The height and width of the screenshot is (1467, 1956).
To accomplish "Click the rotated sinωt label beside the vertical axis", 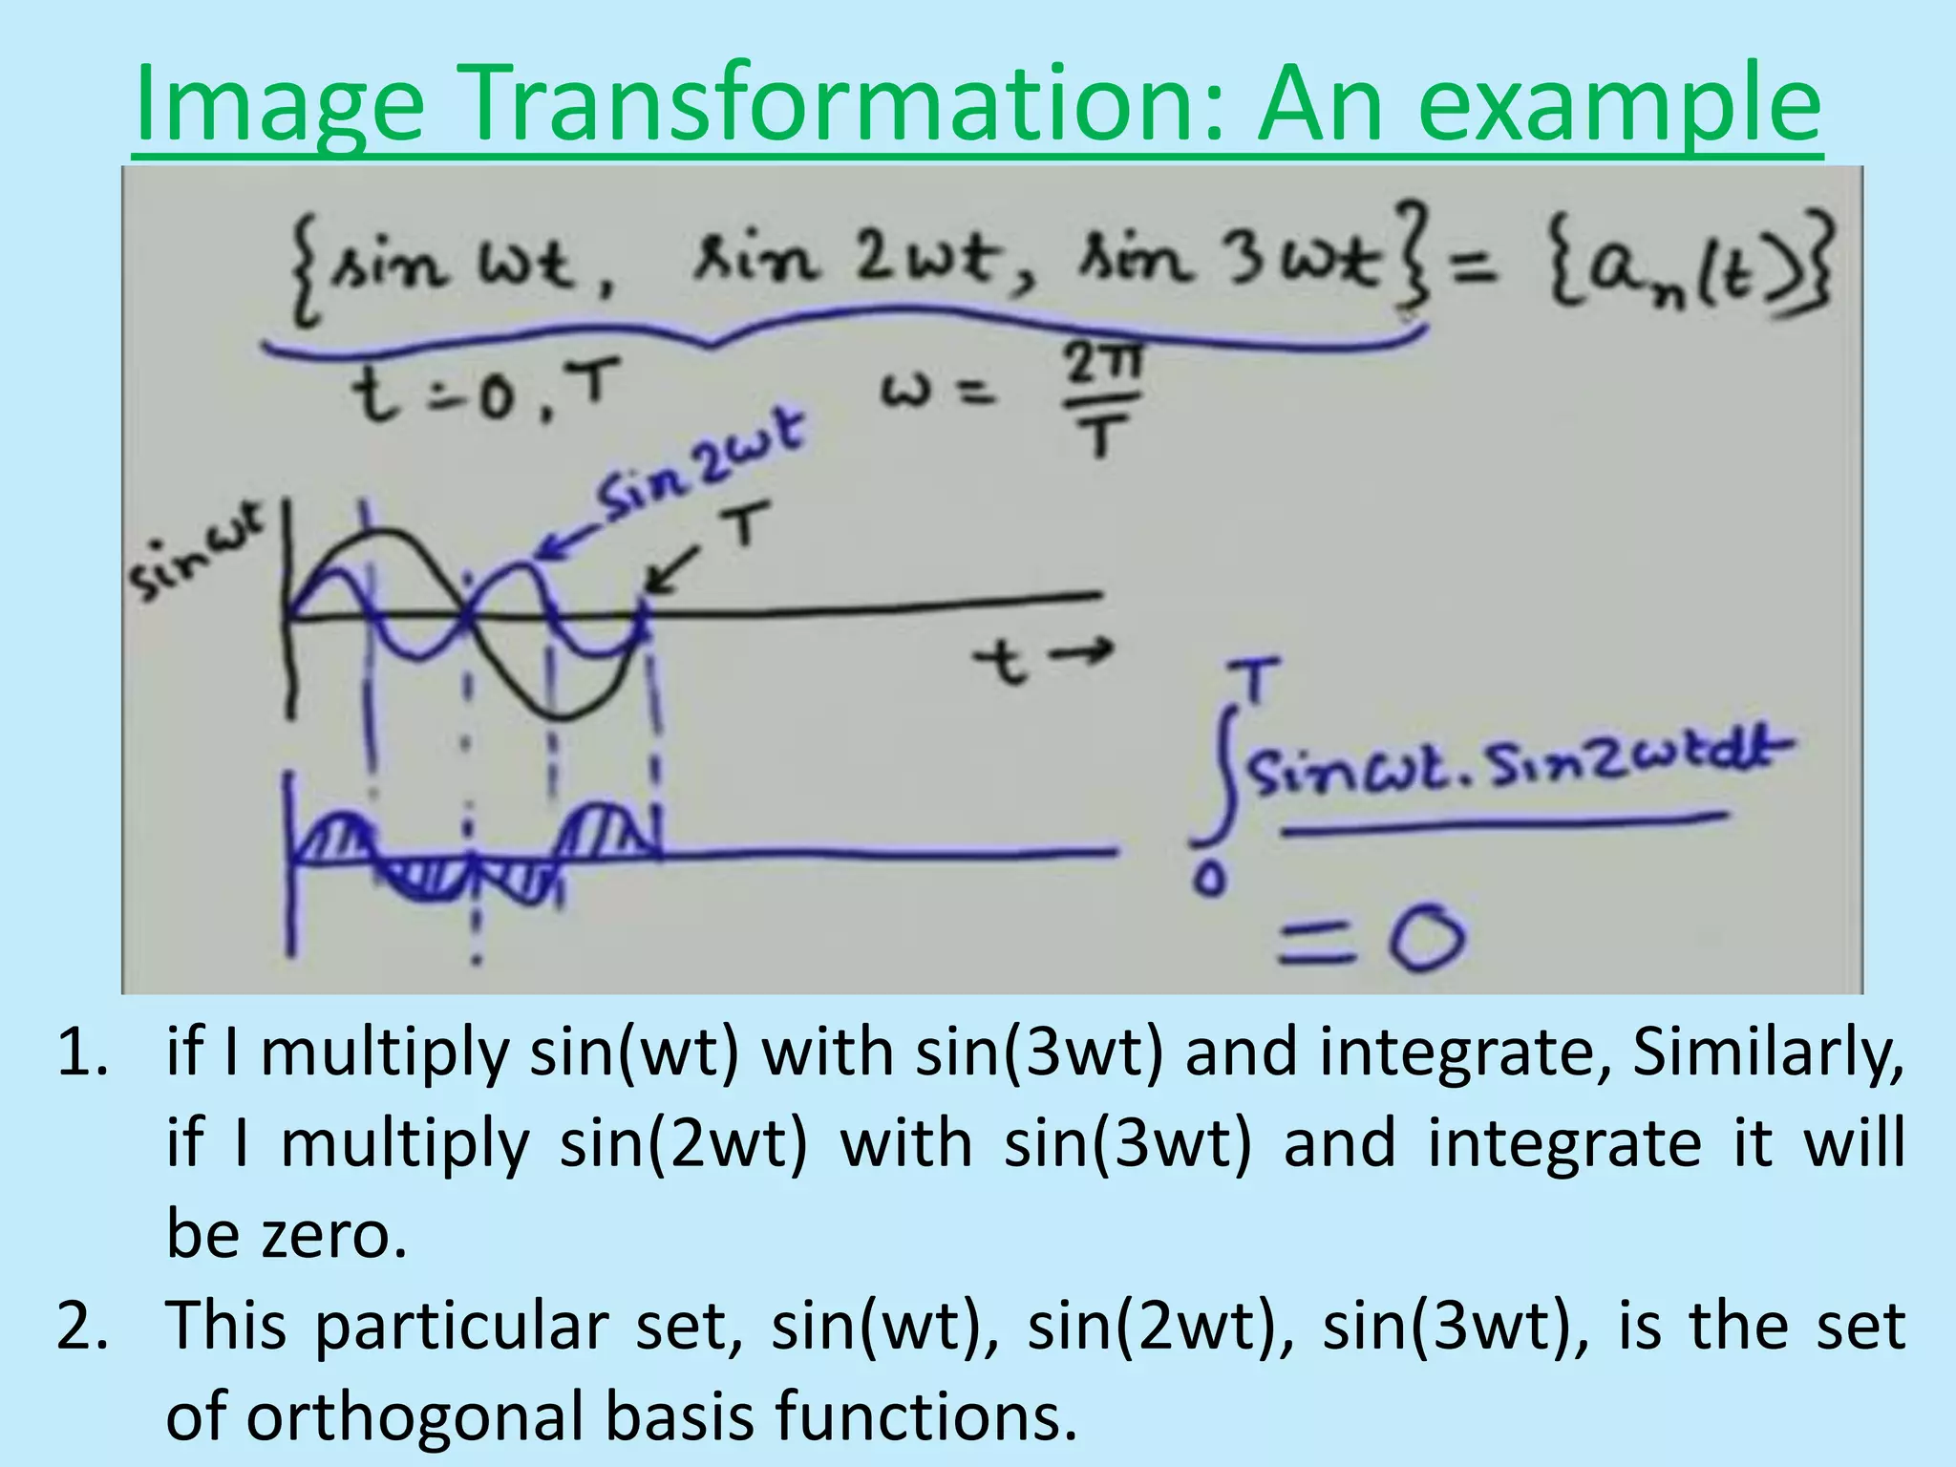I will coord(197,554).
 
